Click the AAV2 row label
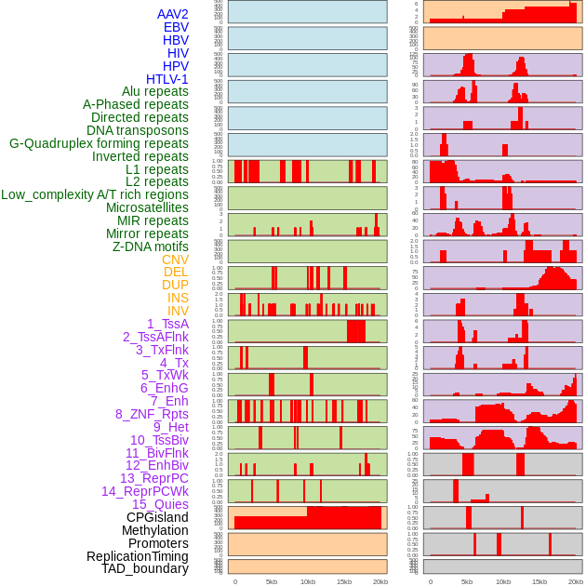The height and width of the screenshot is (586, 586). coord(173,14)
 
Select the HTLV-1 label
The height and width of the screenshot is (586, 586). coord(167,79)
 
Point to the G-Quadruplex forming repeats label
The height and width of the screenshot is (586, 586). coord(99,143)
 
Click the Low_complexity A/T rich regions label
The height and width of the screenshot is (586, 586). coord(95,194)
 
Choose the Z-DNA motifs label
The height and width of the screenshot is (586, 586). coord(151,246)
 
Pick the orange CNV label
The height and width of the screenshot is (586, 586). coord(175,260)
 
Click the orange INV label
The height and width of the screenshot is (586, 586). coord(178,311)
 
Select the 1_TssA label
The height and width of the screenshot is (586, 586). coord(167,324)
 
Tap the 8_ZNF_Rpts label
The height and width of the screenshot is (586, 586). coord(152,414)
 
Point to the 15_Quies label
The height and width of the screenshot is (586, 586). coord(160,504)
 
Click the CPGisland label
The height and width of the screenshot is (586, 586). coord(157,517)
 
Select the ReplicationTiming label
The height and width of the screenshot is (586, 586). coord(138,556)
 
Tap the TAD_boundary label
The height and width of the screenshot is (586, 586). coord(145,568)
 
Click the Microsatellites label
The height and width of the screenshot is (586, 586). coord(147,207)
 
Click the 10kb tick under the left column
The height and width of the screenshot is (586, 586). coord(307,581)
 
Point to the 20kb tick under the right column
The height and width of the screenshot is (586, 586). coord(575,581)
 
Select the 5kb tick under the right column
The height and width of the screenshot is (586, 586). coord(467,581)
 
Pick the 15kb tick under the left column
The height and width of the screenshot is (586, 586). coord(343,581)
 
